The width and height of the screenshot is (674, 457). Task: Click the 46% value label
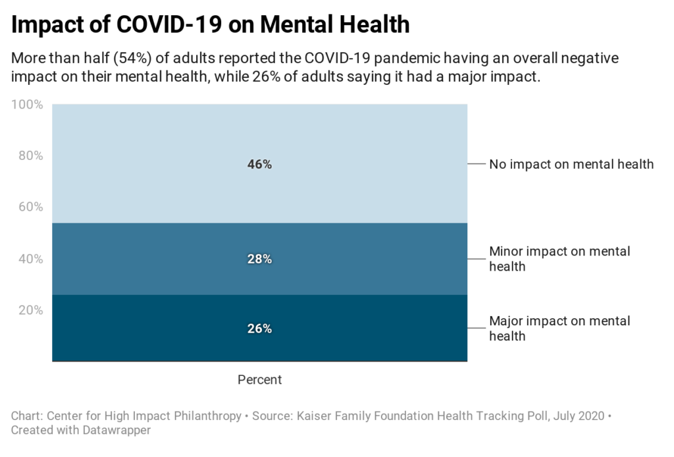coord(259,165)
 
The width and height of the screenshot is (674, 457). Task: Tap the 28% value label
coord(259,259)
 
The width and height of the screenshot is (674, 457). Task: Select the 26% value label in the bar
coord(259,329)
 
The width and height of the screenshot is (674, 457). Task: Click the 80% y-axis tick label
coord(30,156)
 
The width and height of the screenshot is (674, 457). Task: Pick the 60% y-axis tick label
coord(30,207)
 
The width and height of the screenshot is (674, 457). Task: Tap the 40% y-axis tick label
coord(30,259)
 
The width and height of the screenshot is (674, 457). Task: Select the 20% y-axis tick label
coord(30,310)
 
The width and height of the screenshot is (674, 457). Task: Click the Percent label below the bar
coord(259,380)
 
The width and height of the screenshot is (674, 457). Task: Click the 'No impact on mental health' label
coord(571,164)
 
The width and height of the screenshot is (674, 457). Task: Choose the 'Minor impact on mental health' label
coord(559,259)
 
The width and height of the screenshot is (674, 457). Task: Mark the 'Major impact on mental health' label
coord(559,329)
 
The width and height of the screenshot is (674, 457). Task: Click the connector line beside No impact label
coord(476,164)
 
